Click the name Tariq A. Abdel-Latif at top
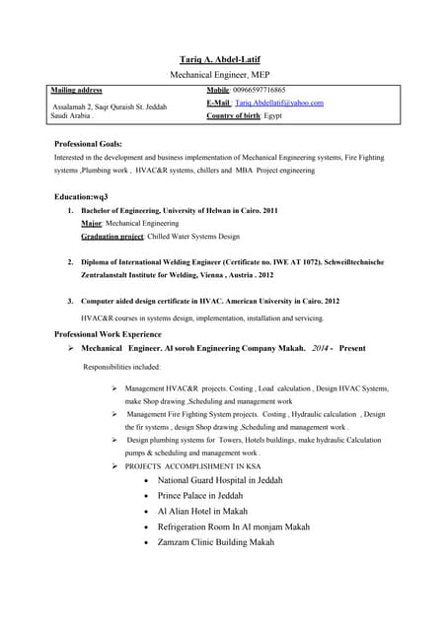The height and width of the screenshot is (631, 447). coord(222,59)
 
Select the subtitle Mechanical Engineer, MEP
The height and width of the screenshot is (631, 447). coord(222,75)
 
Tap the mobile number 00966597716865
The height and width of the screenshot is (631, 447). coord(259,90)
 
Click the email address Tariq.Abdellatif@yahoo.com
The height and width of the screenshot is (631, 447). coord(279,103)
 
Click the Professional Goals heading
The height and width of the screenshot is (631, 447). coord(89,144)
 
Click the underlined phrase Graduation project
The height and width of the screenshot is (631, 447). coord(112,238)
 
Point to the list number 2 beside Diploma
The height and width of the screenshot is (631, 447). coord(70,262)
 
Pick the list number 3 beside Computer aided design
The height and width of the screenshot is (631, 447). coord(70,301)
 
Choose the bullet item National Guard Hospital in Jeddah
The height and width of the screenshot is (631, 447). coord(220,480)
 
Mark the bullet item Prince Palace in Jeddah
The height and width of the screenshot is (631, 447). coord(199,496)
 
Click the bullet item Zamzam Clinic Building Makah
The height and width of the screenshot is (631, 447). coord(215,542)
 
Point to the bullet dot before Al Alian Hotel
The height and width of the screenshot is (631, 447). coord(146,512)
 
